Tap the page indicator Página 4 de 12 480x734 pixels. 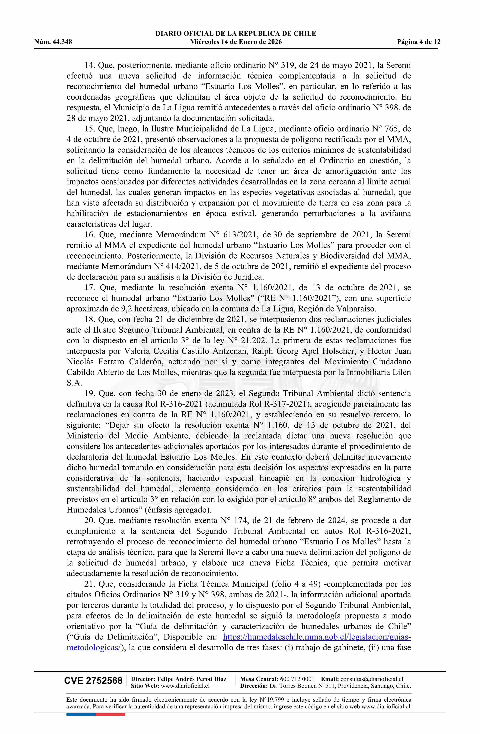point(419,42)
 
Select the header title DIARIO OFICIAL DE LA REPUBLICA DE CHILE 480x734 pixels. point(236,34)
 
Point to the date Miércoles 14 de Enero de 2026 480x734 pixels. point(236,42)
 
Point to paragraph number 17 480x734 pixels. point(90,288)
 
